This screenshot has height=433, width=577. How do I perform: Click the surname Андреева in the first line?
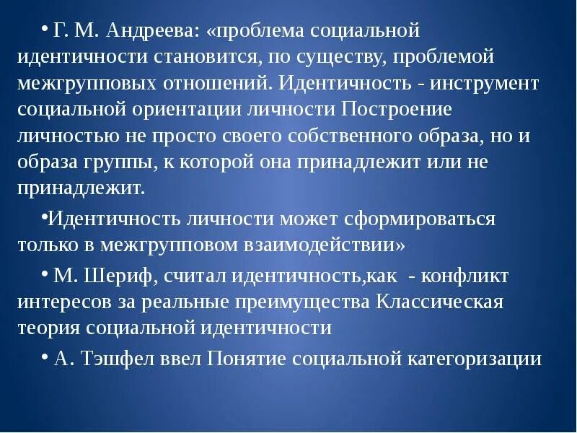pos(149,32)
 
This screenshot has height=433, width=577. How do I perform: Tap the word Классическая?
pos(440,301)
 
